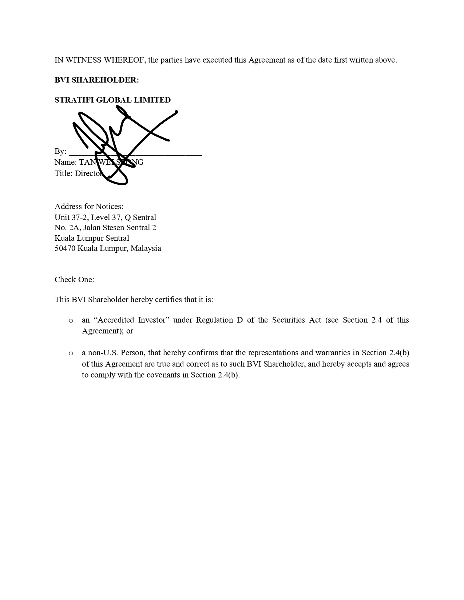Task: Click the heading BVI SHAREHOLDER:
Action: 96,80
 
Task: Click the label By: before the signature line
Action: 60,151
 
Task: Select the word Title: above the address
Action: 64,173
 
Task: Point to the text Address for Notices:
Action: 89,207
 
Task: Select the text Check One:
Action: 74,280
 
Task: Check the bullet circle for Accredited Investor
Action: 71,321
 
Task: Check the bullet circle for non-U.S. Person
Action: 71,353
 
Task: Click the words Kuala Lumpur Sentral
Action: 92,238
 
